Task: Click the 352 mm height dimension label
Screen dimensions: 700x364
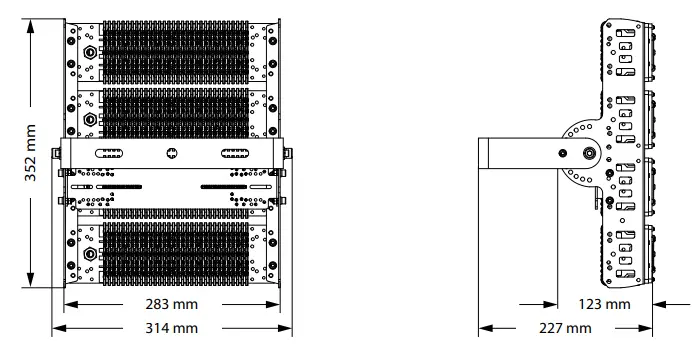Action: click(x=30, y=153)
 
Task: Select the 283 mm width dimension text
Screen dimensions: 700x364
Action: click(x=171, y=305)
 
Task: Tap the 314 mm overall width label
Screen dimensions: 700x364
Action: click(x=171, y=328)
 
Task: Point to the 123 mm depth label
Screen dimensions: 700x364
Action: click(x=604, y=305)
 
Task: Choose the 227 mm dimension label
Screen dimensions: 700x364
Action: click(x=565, y=328)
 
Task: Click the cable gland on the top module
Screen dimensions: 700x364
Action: click(x=90, y=52)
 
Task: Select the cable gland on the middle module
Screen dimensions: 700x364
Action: click(x=90, y=119)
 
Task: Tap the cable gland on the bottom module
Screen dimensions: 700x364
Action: click(x=90, y=254)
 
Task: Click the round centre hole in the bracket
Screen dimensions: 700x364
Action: click(x=172, y=153)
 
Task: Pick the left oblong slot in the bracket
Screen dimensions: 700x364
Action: click(x=109, y=153)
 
